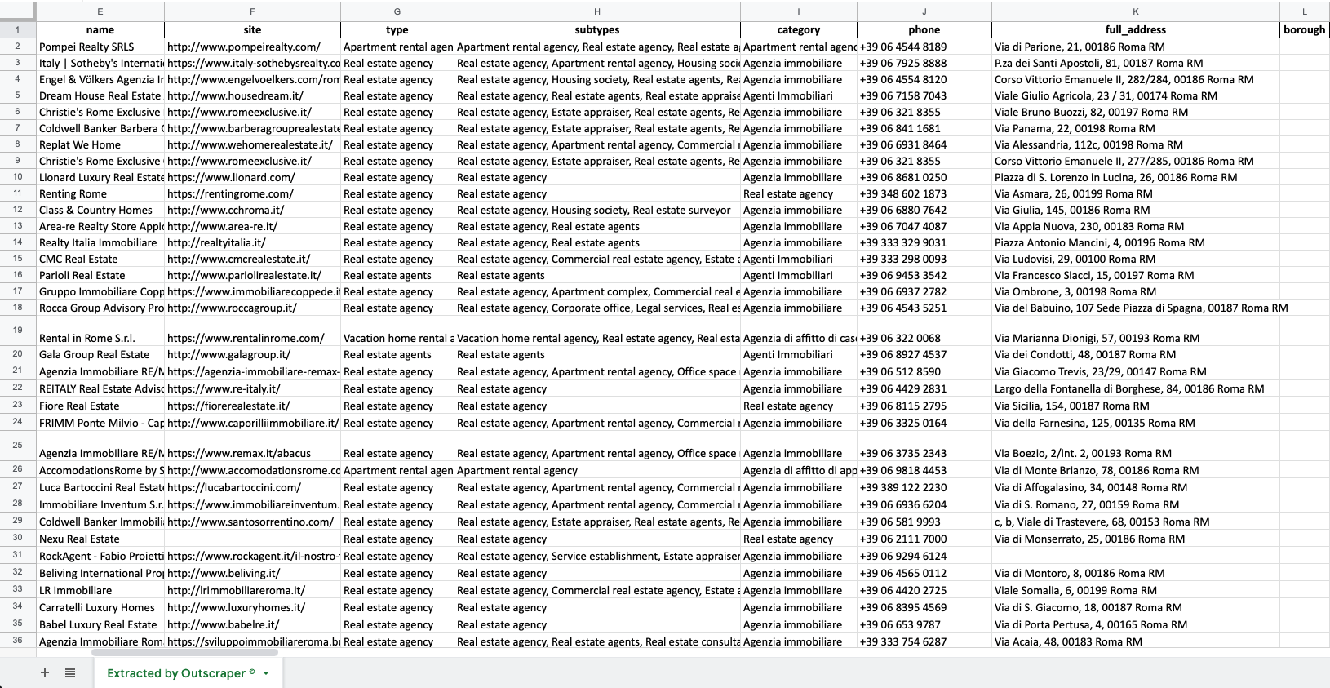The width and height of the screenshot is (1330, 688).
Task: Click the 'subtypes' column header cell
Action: point(596,29)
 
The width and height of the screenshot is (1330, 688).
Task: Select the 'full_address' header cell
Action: point(1135,29)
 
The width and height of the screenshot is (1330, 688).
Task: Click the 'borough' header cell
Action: point(1304,29)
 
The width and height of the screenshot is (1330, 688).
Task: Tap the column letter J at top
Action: point(924,11)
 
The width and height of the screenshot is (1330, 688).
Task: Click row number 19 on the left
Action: point(17,330)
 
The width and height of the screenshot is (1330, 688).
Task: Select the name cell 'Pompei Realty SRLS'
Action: point(86,47)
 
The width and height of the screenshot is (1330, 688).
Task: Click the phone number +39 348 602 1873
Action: point(903,193)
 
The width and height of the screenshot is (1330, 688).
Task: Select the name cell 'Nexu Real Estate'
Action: point(79,539)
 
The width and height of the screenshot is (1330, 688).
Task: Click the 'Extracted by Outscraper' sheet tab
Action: point(180,673)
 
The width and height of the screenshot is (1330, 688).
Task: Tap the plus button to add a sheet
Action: point(45,672)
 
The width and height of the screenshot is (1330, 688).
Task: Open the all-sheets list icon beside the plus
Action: point(70,672)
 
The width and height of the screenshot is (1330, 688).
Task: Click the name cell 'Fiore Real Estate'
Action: point(79,406)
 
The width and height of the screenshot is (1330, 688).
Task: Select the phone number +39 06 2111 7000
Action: point(903,539)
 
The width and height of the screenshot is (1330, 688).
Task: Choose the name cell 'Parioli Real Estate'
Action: point(82,275)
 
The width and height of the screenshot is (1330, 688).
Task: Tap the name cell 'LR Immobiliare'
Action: point(76,590)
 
